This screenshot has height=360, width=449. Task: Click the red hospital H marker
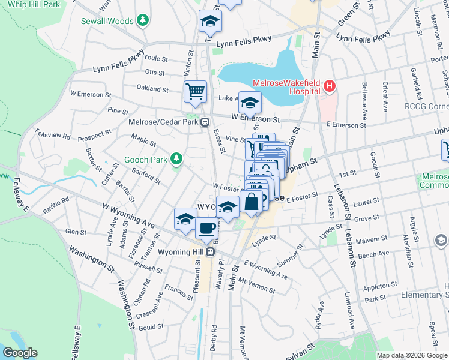(329, 86)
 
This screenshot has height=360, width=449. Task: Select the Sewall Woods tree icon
(142, 21)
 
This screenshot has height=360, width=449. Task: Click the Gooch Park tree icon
(176, 159)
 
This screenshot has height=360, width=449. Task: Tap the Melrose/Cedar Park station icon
(205, 122)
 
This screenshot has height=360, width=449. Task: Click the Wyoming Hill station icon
(211, 252)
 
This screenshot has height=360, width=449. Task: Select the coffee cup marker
(207, 229)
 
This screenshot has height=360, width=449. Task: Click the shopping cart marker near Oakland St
(195, 92)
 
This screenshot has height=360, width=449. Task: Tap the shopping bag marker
(252, 202)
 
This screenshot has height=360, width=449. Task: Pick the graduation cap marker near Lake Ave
(250, 103)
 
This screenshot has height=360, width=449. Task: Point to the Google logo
(20, 353)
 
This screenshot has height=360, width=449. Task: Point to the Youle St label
(155, 59)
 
